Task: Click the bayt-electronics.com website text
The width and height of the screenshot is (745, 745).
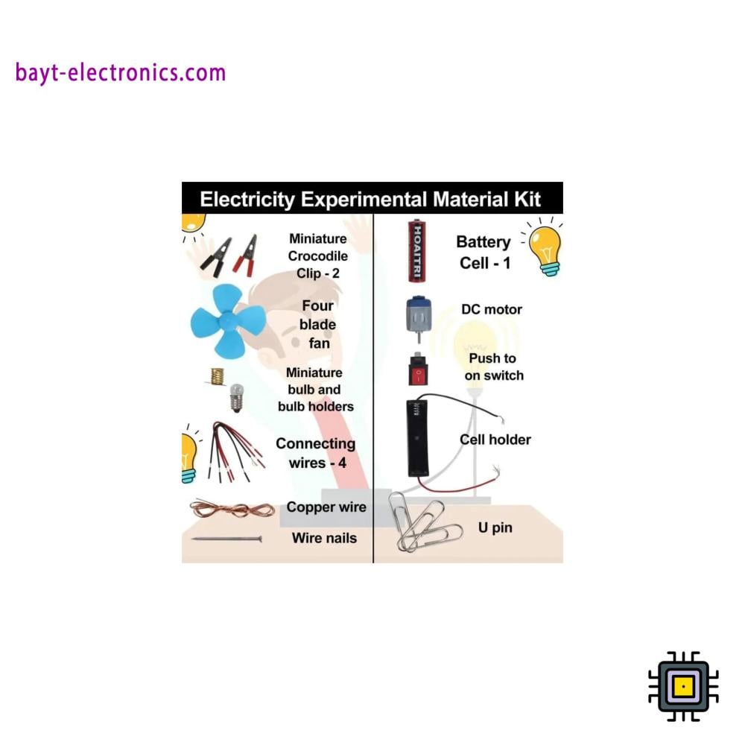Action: pyautogui.click(x=120, y=73)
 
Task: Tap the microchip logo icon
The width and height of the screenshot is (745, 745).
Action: pyautogui.click(x=683, y=686)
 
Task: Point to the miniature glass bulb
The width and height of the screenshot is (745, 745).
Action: pyautogui.click(x=238, y=396)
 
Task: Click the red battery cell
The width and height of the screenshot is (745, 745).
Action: pyautogui.click(x=416, y=251)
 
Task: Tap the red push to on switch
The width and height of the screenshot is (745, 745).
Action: pyautogui.click(x=417, y=371)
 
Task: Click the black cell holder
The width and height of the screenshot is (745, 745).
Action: pyautogui.click(x=417, y=437)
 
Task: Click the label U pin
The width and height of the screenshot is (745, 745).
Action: pyautogui.click(x=495, y=528)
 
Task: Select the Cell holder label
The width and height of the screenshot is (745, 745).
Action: pyautogui.click(x=495, y=440)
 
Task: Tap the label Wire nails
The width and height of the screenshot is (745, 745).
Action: pyautogui.click(x=324, y=538)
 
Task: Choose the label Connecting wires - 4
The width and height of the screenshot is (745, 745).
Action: pyautogui.click(x=316, y=453)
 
